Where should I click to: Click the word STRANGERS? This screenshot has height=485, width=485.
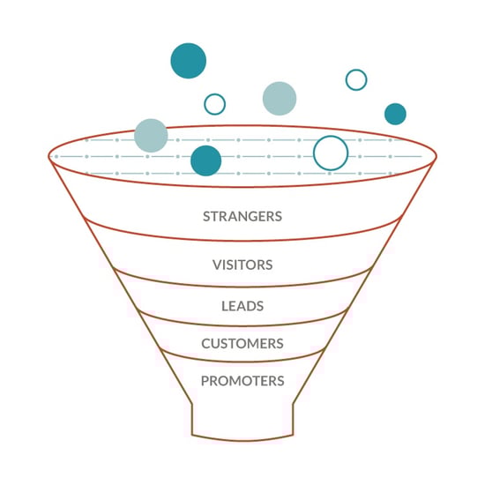click(242, 217)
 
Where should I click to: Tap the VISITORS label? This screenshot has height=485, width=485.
click(242, 265)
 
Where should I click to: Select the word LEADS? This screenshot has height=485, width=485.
click(242, 306)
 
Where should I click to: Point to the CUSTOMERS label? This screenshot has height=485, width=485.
click(242, 344)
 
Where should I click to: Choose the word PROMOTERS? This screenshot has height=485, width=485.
click(242, 381)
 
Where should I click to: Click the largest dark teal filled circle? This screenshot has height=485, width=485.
click(189, 61)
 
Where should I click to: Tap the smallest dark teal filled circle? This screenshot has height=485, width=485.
click(395, 114)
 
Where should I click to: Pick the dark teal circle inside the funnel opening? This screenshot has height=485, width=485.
click(206, 160)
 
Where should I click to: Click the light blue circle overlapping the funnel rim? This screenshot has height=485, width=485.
click(151, 136)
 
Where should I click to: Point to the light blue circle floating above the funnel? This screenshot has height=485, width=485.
click(280, 99)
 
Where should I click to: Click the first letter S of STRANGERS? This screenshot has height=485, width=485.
click(206, 217)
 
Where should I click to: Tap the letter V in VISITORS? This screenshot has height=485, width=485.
click(217, 265)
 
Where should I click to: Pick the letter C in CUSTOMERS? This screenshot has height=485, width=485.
click(206, 344)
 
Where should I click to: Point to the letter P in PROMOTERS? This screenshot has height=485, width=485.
click(205, 381)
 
